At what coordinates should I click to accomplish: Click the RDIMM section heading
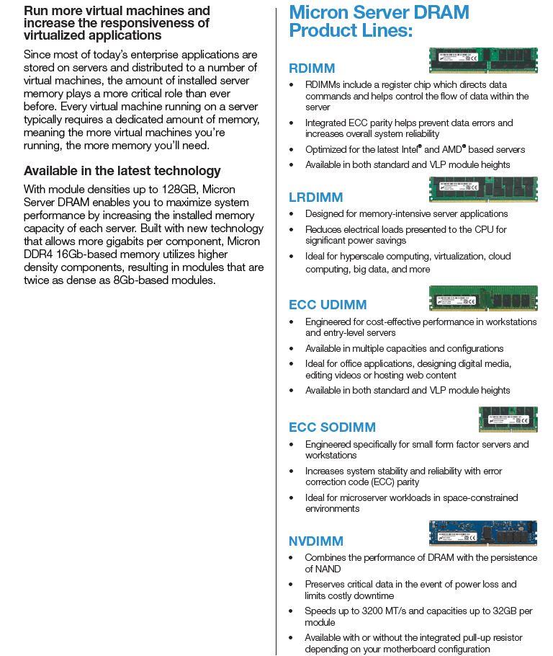coord(312,68)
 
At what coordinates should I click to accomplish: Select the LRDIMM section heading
coord(315,198)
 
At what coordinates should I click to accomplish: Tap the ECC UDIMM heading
coord(328,305)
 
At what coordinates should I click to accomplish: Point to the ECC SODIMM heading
coord(332,427)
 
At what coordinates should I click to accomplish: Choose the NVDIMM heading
coord(316,541)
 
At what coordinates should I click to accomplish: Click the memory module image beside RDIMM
coord(483,60)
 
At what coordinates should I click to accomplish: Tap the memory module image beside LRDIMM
coord(483,190)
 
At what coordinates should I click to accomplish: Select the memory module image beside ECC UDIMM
coord(483,298)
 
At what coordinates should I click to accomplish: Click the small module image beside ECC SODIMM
coord(508,419)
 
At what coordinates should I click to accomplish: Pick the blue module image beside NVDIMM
coord(483,533)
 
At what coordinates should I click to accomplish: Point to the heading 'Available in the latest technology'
coord(122,171)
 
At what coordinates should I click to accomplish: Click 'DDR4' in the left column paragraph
coord(38,254)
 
